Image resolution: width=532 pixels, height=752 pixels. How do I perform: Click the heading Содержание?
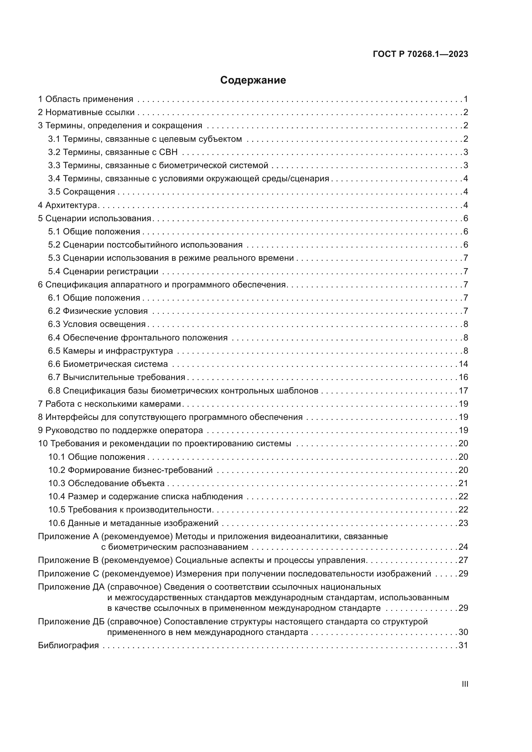[x=253, y=80]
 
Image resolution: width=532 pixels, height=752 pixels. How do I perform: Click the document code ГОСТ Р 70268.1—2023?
[x=420, y=54]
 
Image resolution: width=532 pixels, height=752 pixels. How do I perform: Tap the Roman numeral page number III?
[x=464, y=684]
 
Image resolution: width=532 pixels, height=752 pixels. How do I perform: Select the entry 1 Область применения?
[x=86, y=99]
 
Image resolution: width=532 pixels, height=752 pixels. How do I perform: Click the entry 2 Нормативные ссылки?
[x=87, y=112]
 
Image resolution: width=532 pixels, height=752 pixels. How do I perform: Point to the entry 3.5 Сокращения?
[x=82, y=192]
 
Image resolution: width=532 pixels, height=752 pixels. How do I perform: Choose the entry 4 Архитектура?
[x=68, y=205]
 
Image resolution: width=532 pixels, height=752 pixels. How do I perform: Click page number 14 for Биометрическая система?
[x=463, y=364]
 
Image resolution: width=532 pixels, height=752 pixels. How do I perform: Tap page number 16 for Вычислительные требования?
[x=463, y=377]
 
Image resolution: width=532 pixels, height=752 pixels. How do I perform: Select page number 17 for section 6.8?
[x=463, y=391]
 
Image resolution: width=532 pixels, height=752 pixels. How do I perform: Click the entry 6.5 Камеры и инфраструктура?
[x=110, y=351]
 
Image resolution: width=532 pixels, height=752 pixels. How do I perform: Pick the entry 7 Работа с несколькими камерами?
[x=110, y=404]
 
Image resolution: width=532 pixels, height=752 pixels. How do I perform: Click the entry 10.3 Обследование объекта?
[x=106, y=484]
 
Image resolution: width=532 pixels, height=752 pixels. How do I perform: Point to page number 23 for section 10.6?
[x=463, y=523]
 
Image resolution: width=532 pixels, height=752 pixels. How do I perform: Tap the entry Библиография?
[x=69, y=646]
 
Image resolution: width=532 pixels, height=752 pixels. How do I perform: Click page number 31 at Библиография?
[x=463, y=646]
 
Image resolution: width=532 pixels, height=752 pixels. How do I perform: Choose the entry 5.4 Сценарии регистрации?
[x=103, y=272]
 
